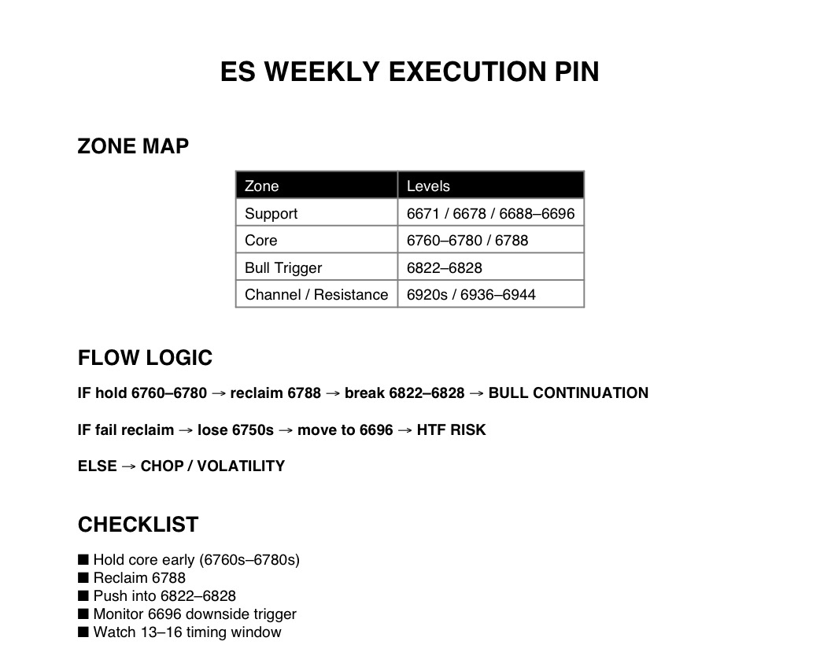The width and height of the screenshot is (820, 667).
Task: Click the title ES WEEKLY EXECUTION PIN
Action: (x=409, y=72)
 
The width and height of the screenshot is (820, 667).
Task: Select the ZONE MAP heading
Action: (x=133, y=146)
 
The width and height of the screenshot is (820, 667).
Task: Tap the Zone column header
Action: (x=261, y=186)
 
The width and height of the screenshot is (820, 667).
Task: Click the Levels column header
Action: (x=428, y=186)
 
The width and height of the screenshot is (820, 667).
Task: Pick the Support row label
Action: (x=271, y=214)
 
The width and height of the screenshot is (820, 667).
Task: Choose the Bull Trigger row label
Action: (x=283, y=267)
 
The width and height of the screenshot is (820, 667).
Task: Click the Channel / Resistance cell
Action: (x=316, y=295)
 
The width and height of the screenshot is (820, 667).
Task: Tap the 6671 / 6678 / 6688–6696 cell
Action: (x=490, y=214)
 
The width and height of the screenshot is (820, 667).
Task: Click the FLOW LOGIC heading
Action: (x=146, y=358)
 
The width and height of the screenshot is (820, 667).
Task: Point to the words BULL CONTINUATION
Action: (x=568, y=393)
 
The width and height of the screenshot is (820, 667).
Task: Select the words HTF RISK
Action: (x=451, y=430)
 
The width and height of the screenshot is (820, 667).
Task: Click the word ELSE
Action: (x=98, y=466)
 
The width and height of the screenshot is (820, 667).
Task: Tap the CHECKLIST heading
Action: (x=138, y=525)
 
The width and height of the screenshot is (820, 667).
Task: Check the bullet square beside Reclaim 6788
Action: (x=83, y=578)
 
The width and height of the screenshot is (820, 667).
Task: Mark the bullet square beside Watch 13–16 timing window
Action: (x=83, y=632)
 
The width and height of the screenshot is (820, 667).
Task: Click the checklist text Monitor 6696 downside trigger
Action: (x=195, y=614)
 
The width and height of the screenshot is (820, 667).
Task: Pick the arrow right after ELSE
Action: (x=128, y=466)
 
